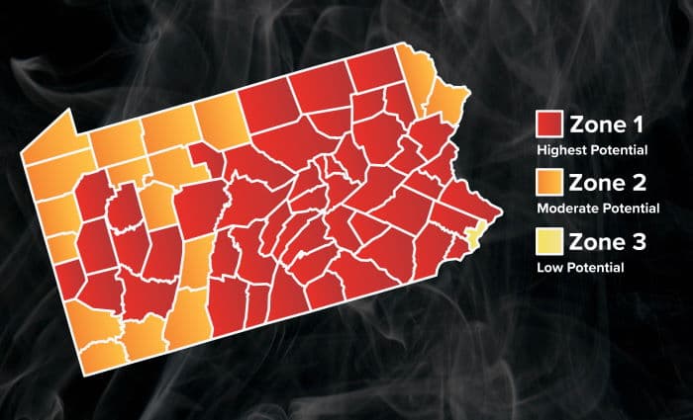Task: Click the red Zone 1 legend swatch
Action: click(x=549, y=126)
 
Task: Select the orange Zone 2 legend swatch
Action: click(x=549, y=183)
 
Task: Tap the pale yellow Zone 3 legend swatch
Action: click(x=549, y=241)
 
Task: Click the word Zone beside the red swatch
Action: click(x=595, y=126)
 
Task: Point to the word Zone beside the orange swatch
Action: click(x=595, y=183)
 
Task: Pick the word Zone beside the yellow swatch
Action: click(x=595, y=241)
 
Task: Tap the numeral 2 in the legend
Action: click(x=640, y=183)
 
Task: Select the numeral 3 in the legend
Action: click(x=640, y=241)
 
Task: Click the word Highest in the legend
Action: click(x=561, y=151)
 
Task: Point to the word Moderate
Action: click(x=566, y=210)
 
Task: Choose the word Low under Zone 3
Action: click(x=548, y=267)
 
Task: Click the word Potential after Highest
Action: click(x=619, y=151)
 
